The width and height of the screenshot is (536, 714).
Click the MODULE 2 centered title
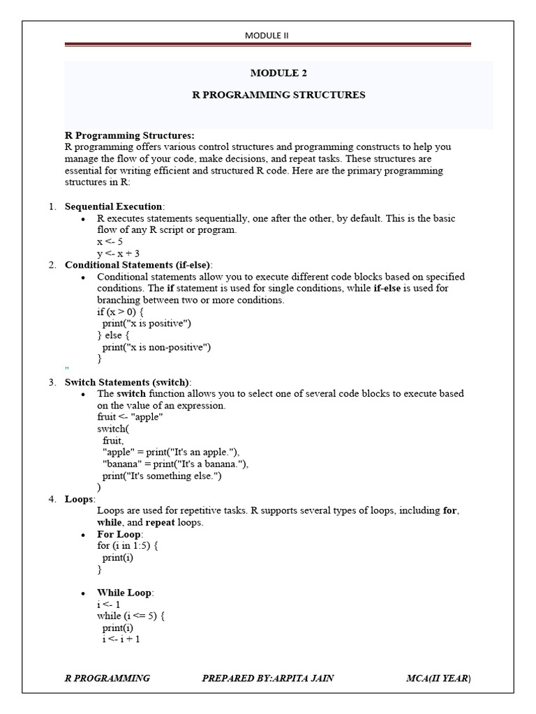coord(278,73)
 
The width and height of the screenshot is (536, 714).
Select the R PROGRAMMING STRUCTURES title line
coord(278,95)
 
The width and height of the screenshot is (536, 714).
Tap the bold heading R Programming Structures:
coord(130,135)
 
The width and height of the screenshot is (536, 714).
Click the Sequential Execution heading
coord(114,207)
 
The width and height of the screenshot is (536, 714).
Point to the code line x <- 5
coord(110,241)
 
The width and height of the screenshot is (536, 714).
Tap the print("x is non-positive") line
coord(156,347)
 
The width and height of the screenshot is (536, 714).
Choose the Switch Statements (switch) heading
coord(127,382)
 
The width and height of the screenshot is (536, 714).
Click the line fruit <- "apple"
coord(130,417)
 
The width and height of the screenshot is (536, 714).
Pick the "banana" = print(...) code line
coord(175,464)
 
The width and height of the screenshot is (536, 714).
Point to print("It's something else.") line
coord(161,476)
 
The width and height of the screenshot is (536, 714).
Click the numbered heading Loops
coord(80,499)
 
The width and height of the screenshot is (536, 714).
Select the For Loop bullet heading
coord(119,534)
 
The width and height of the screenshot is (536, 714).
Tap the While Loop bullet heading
coord(125,593)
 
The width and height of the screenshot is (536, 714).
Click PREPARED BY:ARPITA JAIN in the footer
coord(267,678)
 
